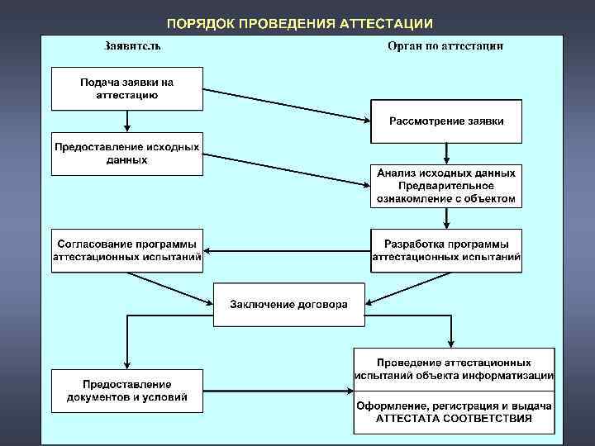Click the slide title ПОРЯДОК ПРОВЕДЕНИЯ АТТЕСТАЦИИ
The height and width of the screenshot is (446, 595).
[x=298, y=23]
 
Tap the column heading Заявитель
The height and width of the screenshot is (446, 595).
[x=132, y=45]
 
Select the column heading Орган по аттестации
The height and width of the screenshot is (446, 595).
[x=445, y=45]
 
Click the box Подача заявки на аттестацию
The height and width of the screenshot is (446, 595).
[x=126, y=89]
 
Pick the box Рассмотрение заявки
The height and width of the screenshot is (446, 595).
[x=446, y=121]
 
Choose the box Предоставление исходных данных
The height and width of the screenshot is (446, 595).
[x=126, y=153]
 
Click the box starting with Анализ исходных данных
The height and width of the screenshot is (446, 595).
[x=446, y=185]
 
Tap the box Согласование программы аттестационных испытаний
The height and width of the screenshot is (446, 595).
[x=126, y=250]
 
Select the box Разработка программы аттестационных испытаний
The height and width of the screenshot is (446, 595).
[x=446, y=250]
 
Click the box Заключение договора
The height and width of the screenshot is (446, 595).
[x=288, y=304]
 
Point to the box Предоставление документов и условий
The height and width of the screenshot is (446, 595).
[x=126, y=391]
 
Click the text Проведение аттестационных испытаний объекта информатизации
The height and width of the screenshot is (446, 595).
[x=454, y=368]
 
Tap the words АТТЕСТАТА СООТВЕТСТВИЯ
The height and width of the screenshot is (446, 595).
[x=454, y=419]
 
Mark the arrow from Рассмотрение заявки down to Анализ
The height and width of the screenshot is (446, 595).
[x=446, y=153]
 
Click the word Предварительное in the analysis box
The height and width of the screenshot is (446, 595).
[x=446, y=186]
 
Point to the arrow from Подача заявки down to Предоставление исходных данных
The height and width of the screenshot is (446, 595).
[x=126, y=121]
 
